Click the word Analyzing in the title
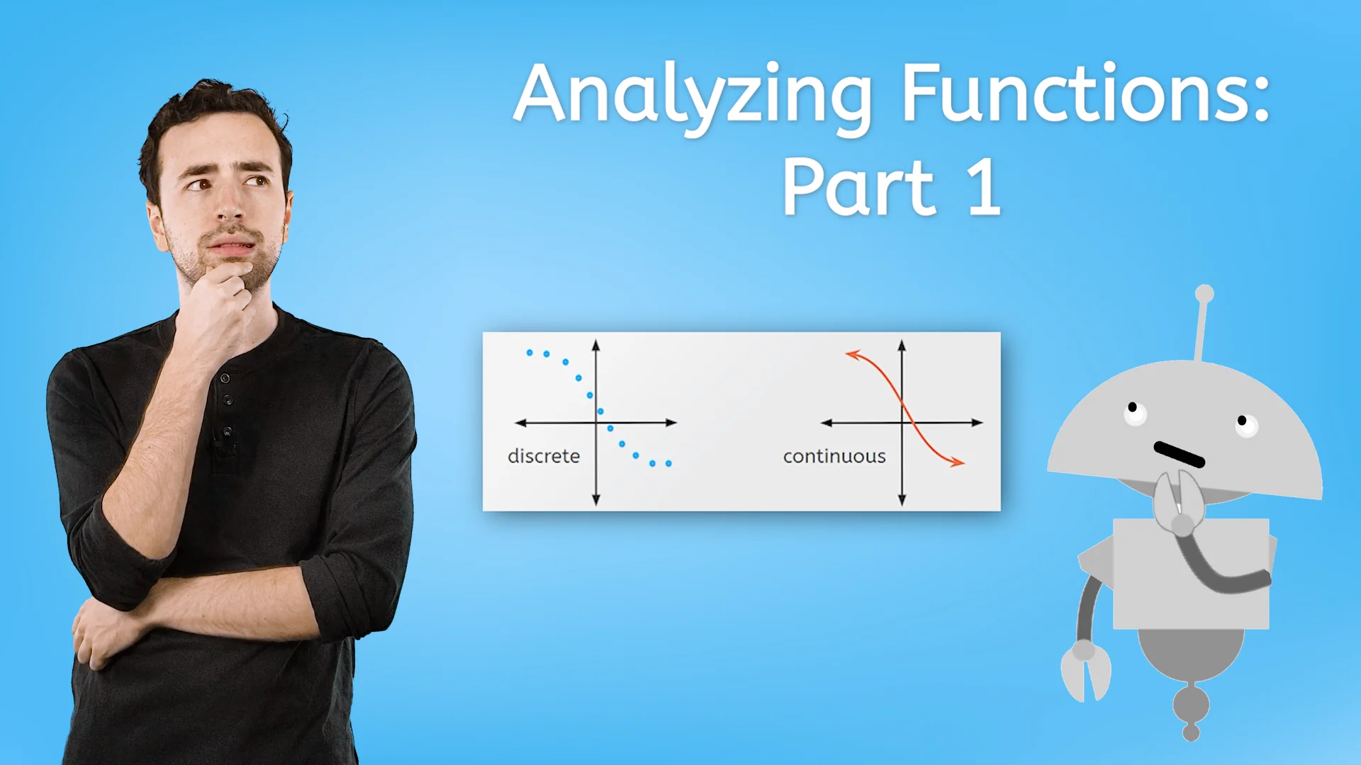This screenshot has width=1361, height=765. click(x=692, y=96)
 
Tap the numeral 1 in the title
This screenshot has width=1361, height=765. click(x=985, y=188)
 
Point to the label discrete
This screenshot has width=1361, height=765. click(x=544, y=456)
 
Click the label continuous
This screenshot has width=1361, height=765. click(x=834, y=456)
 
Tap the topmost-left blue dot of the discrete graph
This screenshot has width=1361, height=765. click(x=530, y=352)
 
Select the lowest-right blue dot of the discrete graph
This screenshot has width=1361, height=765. click(x=668, y=463)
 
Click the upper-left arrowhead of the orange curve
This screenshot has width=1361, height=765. click(x=851, y=353)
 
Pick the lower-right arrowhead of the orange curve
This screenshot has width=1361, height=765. click(x=958, y=463)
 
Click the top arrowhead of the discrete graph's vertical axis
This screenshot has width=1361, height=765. click(x=596, y=344)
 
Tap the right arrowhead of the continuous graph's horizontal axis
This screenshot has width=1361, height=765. click(x=978, y=423)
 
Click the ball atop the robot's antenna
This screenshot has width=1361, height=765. click(x=1204, y=293)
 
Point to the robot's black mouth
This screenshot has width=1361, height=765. click(x=1179, y=455)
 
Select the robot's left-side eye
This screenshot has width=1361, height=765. click(x=1134, y=412)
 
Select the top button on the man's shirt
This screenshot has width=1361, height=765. click(x=225, y=378)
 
